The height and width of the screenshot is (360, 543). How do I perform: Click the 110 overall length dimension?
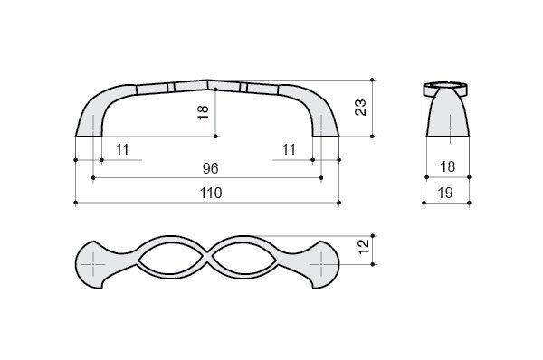tap(211, 193)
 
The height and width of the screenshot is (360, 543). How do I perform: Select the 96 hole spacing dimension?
tap(211, 168)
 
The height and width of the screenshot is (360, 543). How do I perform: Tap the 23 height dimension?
tap(360, 108)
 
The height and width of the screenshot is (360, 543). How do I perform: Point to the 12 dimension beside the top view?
tap(364, 247)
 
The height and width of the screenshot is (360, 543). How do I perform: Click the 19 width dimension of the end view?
tap(445, 193)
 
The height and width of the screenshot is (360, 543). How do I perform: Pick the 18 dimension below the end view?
tap(447, 166)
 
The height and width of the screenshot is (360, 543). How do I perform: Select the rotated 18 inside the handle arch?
tap(204, 112)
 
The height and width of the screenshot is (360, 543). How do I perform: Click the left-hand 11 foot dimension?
tap(122, 150)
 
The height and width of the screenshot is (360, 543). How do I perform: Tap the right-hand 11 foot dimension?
tap(289, 150)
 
